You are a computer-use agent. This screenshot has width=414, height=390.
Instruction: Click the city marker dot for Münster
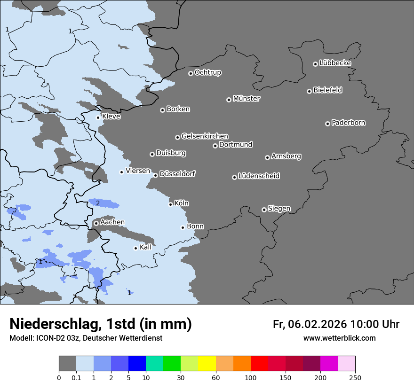pyautogui.click(x=229, y=100)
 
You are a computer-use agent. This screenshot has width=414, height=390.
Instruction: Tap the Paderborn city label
pyautogui.click(x=348, y=123)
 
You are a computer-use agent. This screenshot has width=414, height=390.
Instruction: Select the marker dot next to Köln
pyautogui.click(x=170, y=204)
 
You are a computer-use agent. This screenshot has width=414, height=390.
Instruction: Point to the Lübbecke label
pyautogui.click(x=335, y=63)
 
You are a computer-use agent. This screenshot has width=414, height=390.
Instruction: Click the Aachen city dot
pyautogui.click(x=96, y=223)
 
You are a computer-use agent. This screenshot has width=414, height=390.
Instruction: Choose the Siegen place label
pyautogui.click(x=279, y=209)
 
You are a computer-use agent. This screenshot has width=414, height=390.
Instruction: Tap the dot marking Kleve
pyautogui.click(x=98, y=117)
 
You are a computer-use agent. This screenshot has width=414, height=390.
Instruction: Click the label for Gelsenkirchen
pyautogui.click(x=205, y=136)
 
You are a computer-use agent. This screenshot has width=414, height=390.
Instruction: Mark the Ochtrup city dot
pyautogui.click(x=191, y=73)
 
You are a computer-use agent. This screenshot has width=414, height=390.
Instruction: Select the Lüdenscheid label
pyautogui.click(x=259, y=176)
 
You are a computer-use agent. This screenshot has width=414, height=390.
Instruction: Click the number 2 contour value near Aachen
pyautogui.click(x=98, y=203)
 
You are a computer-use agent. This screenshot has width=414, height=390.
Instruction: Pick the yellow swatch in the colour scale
pyautogui.click(x=207, y=364)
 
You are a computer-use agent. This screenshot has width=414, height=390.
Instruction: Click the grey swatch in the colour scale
pyautogui.click(x=67, y=364)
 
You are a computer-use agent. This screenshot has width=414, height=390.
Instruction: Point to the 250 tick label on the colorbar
pyautogui.click(x=355, y=378)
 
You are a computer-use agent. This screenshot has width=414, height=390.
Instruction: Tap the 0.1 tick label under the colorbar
pyautogui.click(x=76, y=378)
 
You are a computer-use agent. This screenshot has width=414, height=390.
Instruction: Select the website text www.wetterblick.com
pyautogui.click(x=339, y=338)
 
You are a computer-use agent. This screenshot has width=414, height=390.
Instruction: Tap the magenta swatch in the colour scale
pyautogui.click(x=329, y=364)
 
